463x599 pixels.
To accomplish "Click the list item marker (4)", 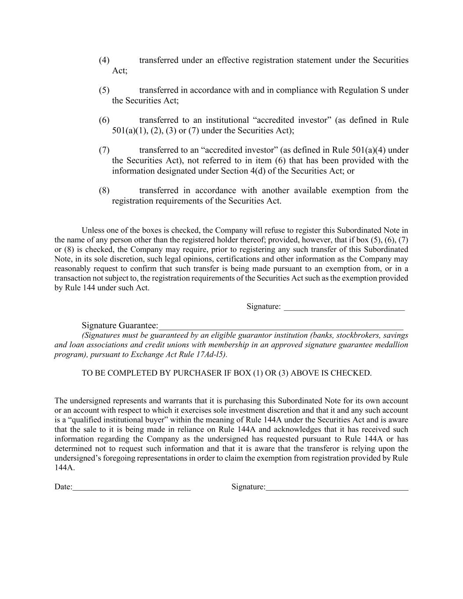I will pos(104,60).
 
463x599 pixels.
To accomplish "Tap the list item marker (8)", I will pos(104,190).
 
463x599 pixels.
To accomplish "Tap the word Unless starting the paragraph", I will pos(93,230).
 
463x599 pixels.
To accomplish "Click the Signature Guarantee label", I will pos(120,326).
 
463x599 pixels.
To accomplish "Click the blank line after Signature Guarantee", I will pos(281,326).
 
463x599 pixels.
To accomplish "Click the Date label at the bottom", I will pos(63,487).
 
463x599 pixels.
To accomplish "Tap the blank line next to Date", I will pos(132,488).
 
